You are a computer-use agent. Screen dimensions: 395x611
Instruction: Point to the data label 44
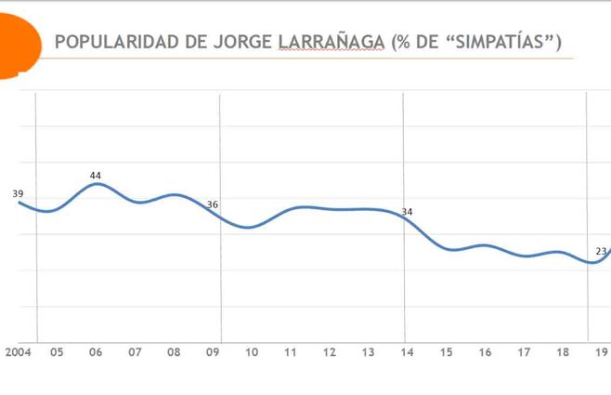click(x=96, y=175)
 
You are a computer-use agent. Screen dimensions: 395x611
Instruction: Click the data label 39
click(x=18, y=193)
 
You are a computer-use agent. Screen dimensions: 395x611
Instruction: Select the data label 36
click(x=213, y=204)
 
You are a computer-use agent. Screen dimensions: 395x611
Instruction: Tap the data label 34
click(x=407, y=212)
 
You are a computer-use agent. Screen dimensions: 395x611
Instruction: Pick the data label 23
click(x=601, y=251)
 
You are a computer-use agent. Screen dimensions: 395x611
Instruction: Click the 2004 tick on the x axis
click(x=18, y=352)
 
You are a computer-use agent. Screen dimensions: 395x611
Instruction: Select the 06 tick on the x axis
click(x=96, y=352)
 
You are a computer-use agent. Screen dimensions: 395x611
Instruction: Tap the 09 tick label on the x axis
click(x=213, y=352)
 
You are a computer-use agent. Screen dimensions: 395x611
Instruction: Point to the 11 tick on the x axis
click(x=291, y=352)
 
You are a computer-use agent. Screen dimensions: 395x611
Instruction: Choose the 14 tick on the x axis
click(x=407, y=352)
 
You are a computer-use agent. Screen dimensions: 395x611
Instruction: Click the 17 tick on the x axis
click(x=524, y=352)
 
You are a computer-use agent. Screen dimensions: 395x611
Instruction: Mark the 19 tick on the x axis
click(x=601, y=352)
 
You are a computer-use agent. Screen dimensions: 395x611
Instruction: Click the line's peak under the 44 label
click(x=96, y=184)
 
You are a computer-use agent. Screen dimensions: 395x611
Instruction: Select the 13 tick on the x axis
click(x=368, y=352)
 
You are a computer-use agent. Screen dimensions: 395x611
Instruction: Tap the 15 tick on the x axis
click(x=446, y=352)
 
